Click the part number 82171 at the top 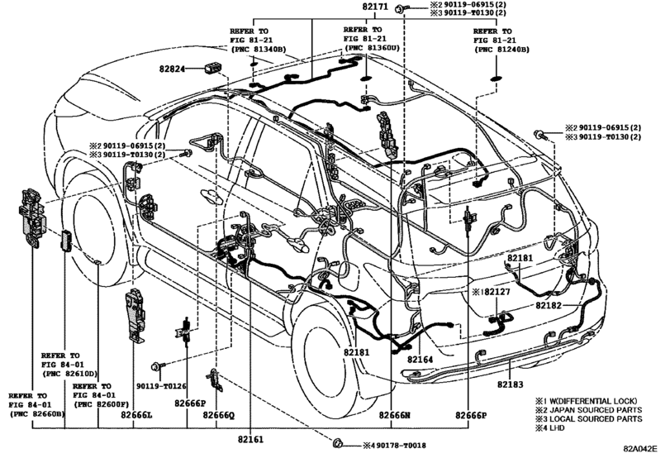click(x=375, y=7)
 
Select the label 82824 click(x=173, y=69)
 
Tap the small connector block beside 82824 click(x=213, y=68)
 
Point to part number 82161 click(x=250, y=439)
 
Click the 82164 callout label click(x=420, y=359)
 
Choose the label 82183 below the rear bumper click(x=511, y=384)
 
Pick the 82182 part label click(x=549, y=305)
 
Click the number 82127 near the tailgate click(x=497, y=292)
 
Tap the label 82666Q click(x=219, y=415)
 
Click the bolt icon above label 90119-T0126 click(x=158, y=365)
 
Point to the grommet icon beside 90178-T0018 click(x=338, y=443)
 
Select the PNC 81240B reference click(x=503, y=50)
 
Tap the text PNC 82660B click(x=39, y=414)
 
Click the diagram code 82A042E click(x=640, y=448)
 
